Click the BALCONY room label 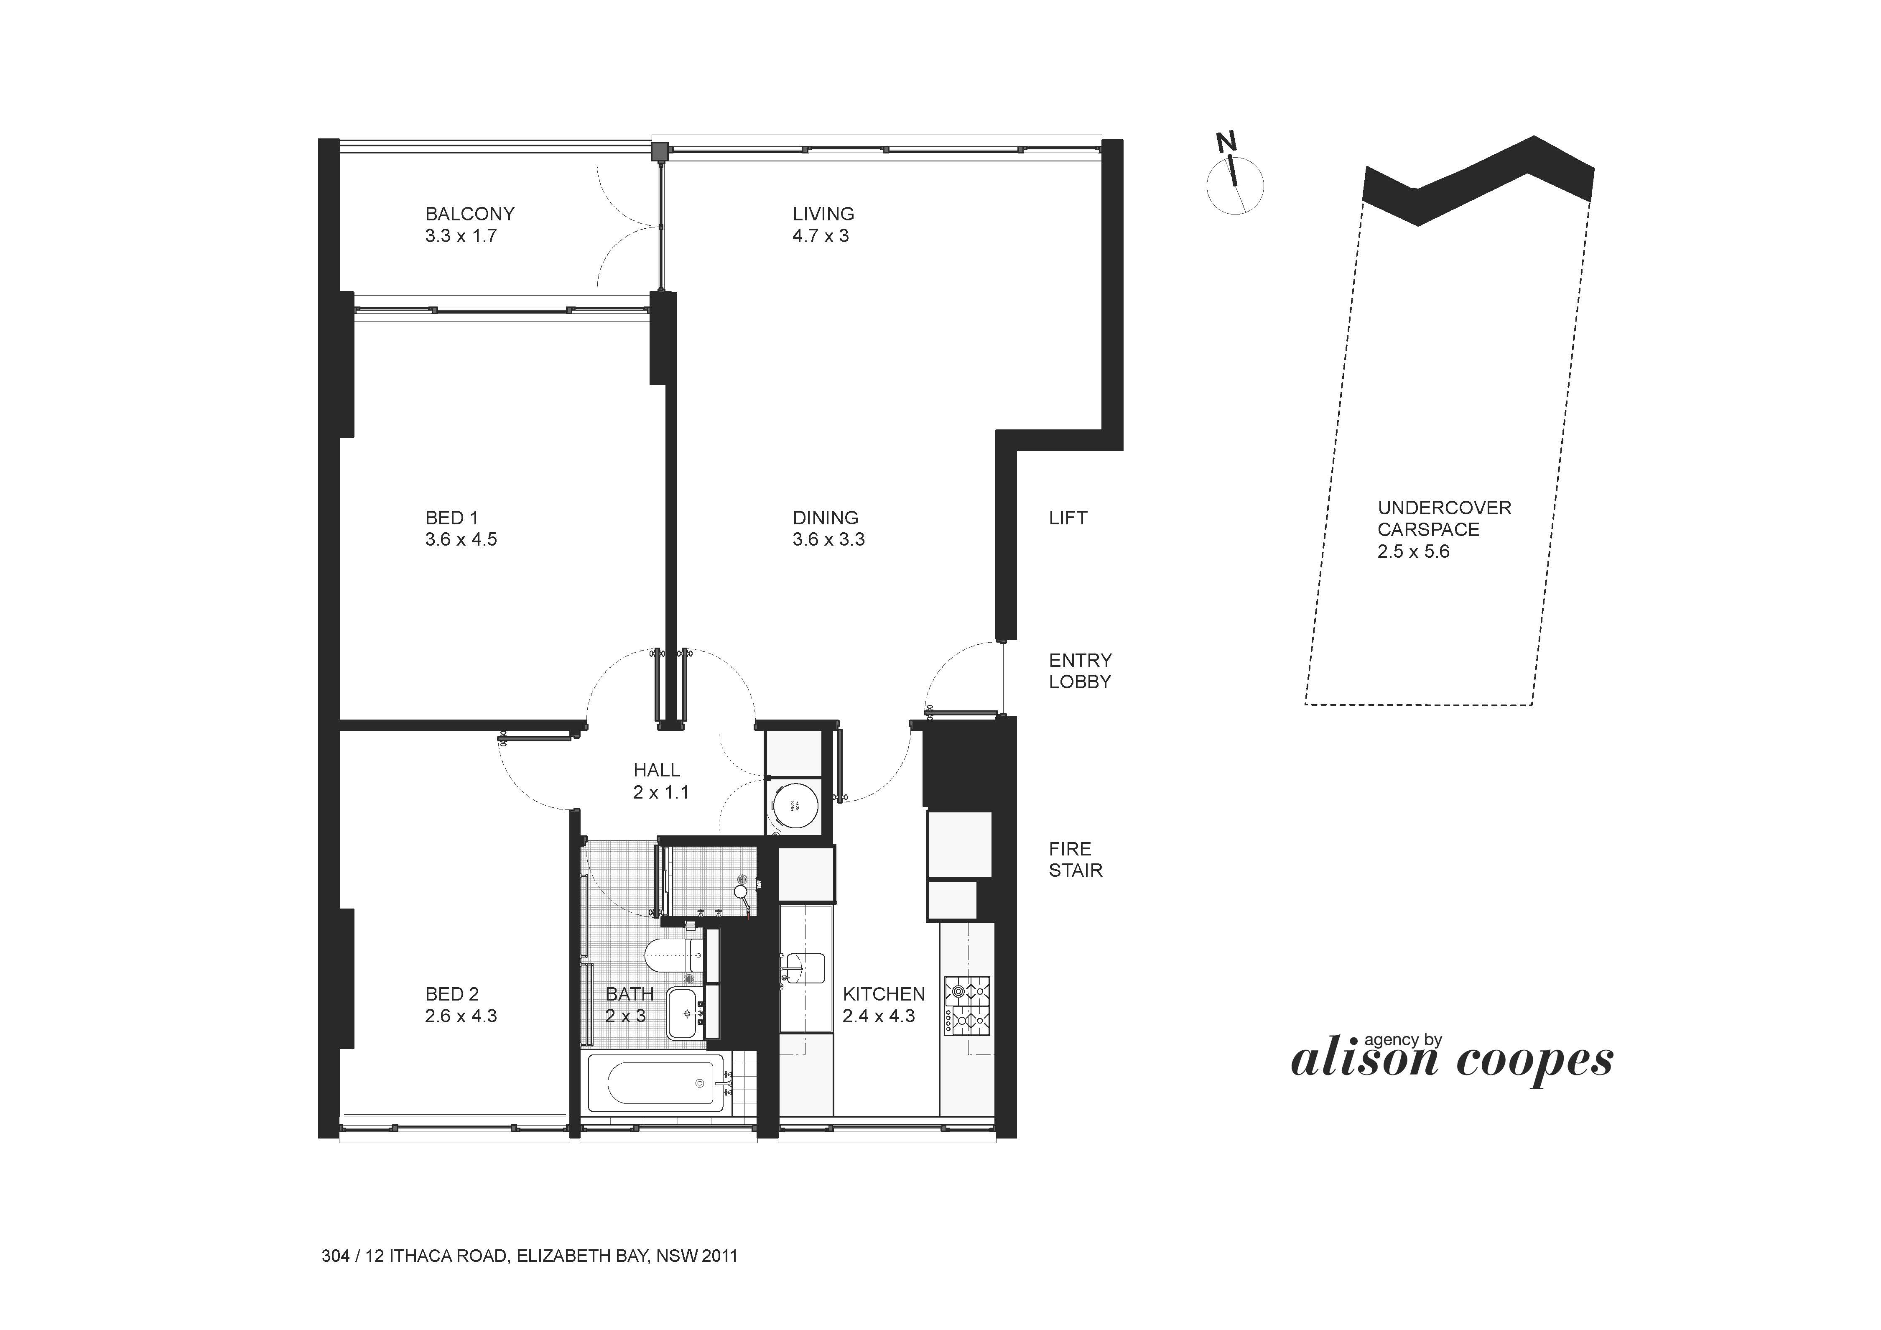point(469,225)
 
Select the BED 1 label point(460,528)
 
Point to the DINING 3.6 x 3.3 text point(828,528)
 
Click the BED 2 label point(460,1005)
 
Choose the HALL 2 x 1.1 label point(660,781)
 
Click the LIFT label point(1068,518)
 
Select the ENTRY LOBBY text point(1080,671)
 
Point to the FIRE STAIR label point(1075,860)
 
